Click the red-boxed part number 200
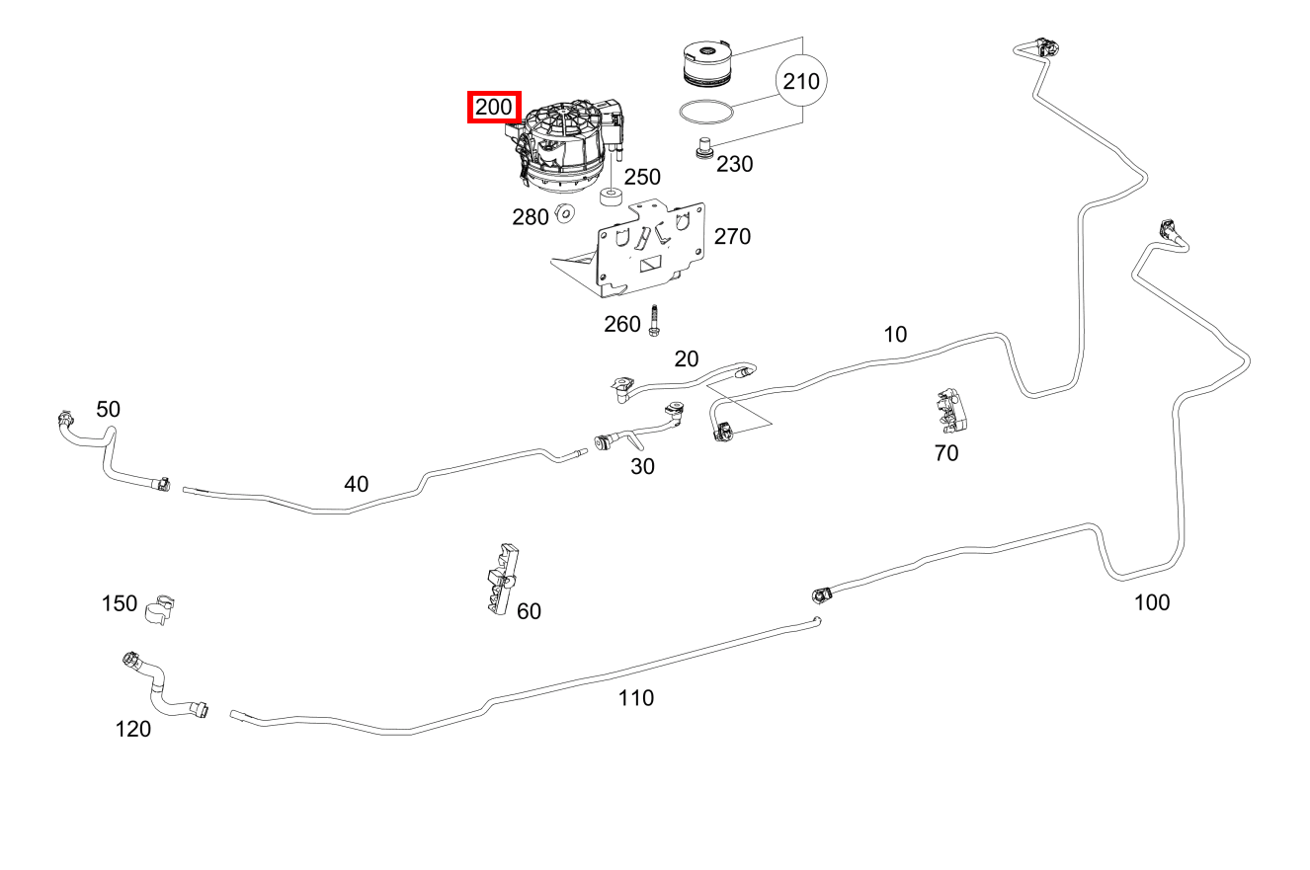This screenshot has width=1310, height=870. (x=493, y=107)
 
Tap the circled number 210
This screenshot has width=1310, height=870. (x=800, y=81)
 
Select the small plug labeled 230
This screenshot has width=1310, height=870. (x=704, y=148)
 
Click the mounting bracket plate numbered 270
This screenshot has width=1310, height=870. (x=642, y=248)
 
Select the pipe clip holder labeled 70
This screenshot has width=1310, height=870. (x=951, y=411)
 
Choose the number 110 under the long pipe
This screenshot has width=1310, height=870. (x=635, y=698)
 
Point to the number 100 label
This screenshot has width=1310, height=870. (x=1151, y=602)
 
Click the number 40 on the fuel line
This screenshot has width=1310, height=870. (x=356, y=484)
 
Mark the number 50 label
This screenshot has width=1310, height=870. (x=108, y=409)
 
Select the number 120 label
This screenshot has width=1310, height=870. (x=133, y=729)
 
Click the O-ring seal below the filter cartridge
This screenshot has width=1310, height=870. (x=706, y=110)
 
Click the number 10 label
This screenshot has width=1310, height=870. (x=894, y=335)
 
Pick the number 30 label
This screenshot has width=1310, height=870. (x=642, y=466)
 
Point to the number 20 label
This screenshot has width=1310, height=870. (x=686, y=358)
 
